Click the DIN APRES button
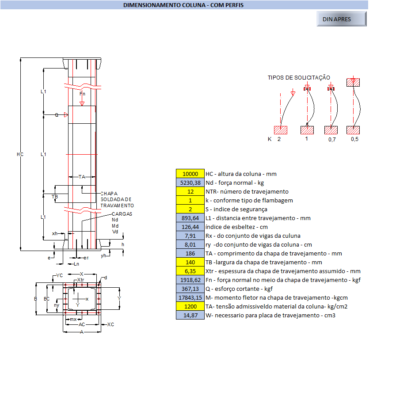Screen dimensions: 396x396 point(341,19)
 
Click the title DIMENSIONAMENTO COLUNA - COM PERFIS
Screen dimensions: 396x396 point(183,5)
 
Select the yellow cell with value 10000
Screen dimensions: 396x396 point(190,174)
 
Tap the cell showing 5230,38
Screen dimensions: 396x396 point(190,183)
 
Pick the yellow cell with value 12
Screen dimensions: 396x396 point(190,191)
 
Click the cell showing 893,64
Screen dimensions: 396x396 point(190,218)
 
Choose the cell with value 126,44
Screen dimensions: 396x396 point(190,227)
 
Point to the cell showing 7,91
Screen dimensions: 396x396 point(190,236)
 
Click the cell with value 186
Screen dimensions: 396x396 point(190,253)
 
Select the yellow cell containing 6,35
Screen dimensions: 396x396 point(190,271)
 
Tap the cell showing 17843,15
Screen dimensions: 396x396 point(190,297)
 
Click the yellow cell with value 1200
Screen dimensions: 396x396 point(190,306)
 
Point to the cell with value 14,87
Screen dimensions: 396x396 point(190,315)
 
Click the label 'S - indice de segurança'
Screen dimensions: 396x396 point(236,209)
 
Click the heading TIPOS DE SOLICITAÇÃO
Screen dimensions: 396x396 point(299,78)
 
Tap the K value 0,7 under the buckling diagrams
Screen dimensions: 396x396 point(332,140)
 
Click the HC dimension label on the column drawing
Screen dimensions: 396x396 point(20,154)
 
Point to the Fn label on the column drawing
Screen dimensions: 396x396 point(82,94)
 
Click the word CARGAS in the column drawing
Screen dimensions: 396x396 point(122,214)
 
